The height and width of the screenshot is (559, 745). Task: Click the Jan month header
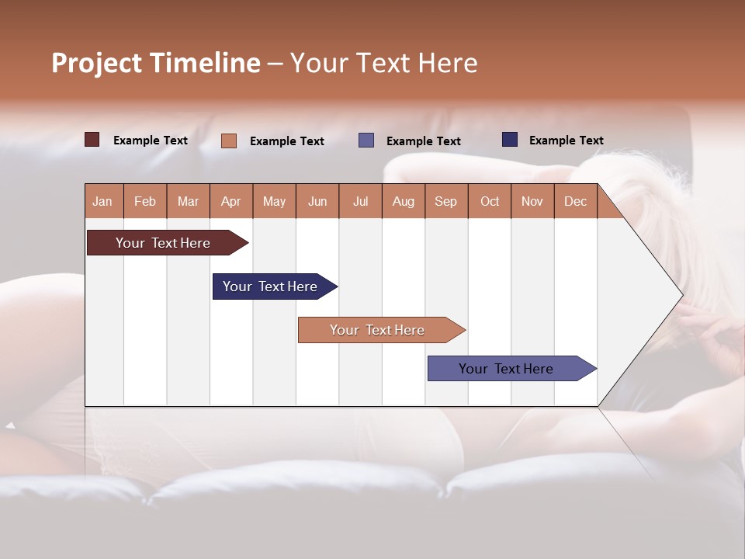(103, 201)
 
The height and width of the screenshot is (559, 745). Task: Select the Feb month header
(145, 201)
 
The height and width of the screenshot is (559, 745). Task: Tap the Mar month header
(188, 201)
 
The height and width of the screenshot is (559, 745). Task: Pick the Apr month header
(231, 201)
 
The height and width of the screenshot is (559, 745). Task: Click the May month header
(274, 201)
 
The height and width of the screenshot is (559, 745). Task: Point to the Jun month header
(317, 201)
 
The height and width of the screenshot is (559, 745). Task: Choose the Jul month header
(360, 201)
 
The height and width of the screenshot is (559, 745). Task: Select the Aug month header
(403, 201)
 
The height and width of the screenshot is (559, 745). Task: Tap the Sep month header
(446, 201)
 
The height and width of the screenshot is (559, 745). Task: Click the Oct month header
(490, 201)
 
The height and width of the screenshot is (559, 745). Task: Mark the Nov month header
(532, 201)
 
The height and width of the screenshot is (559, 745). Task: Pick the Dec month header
(575, 201)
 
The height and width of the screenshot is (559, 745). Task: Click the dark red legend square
(92, 140)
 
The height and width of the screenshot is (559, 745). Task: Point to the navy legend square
(510, 140)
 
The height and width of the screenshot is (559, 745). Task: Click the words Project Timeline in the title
(156, 63)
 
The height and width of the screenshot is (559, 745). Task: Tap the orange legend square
(229, 141)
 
